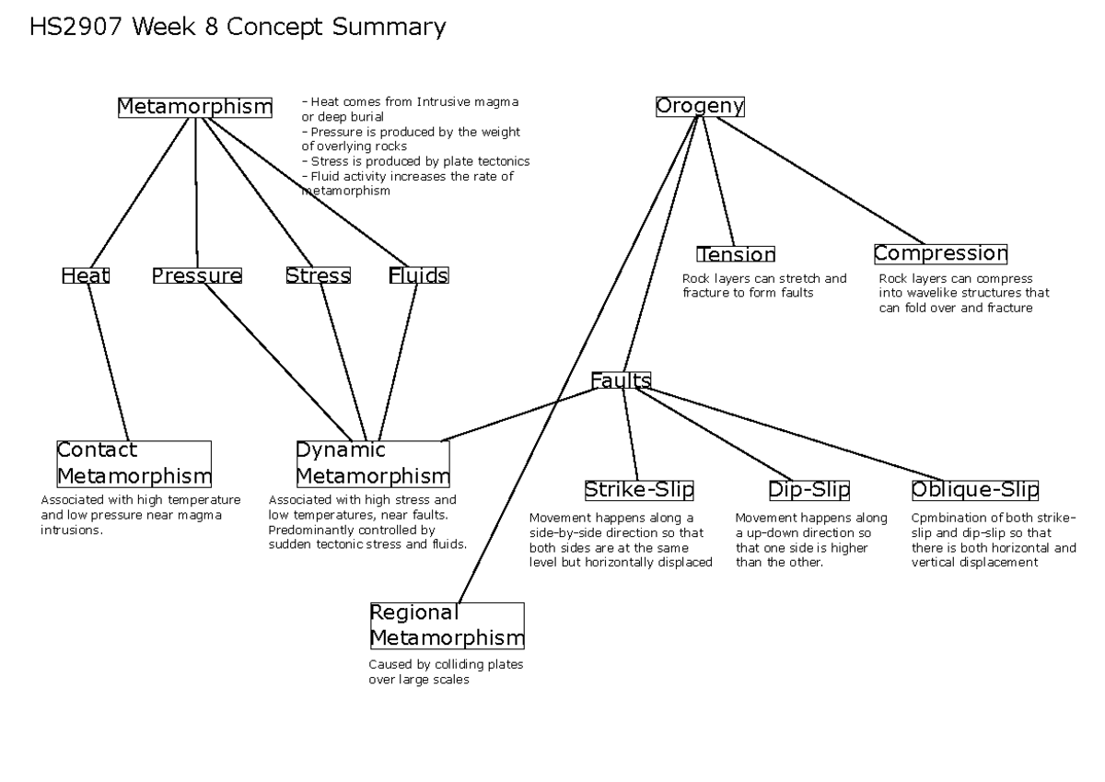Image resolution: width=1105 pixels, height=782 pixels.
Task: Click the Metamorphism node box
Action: pyautogui.click(x=195, y=108)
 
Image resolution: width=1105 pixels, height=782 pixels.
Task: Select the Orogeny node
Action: pyautogui.click(x=700, y=107)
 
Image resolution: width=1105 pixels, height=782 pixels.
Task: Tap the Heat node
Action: pyautogui.click(x=86, y=275)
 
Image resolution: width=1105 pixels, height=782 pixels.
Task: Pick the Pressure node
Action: pyautogui.click(x=197, y=275)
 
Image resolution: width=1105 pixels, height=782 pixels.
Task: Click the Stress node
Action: pyautogui.click(x=318, y=275)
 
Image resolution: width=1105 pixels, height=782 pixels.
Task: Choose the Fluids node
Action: pyautogui.click(x=418, y=275)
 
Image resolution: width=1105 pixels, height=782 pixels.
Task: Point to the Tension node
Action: pyautogui.click(x=736, y=254)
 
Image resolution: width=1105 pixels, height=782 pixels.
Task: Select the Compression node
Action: pyautogui.click(x=940, y=253)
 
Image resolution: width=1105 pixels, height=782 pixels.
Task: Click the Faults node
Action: pyautogui.click(x=621, y=380)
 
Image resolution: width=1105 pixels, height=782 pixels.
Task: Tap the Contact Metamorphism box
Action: pyautogui.click(x=134, y=463)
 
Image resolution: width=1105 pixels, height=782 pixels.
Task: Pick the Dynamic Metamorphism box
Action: pyautogui.click(x=372, y=463)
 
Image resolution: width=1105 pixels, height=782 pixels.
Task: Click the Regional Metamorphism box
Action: pyautogui.click(x=447, y=626)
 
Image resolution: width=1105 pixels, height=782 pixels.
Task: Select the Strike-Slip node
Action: pyautogui.click(x=639, y=489)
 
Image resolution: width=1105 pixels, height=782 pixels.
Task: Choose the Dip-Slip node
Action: pyautogui.click(x=809, y=489)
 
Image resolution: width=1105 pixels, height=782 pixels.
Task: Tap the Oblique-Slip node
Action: pyautogui.click(x=974, y=489)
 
